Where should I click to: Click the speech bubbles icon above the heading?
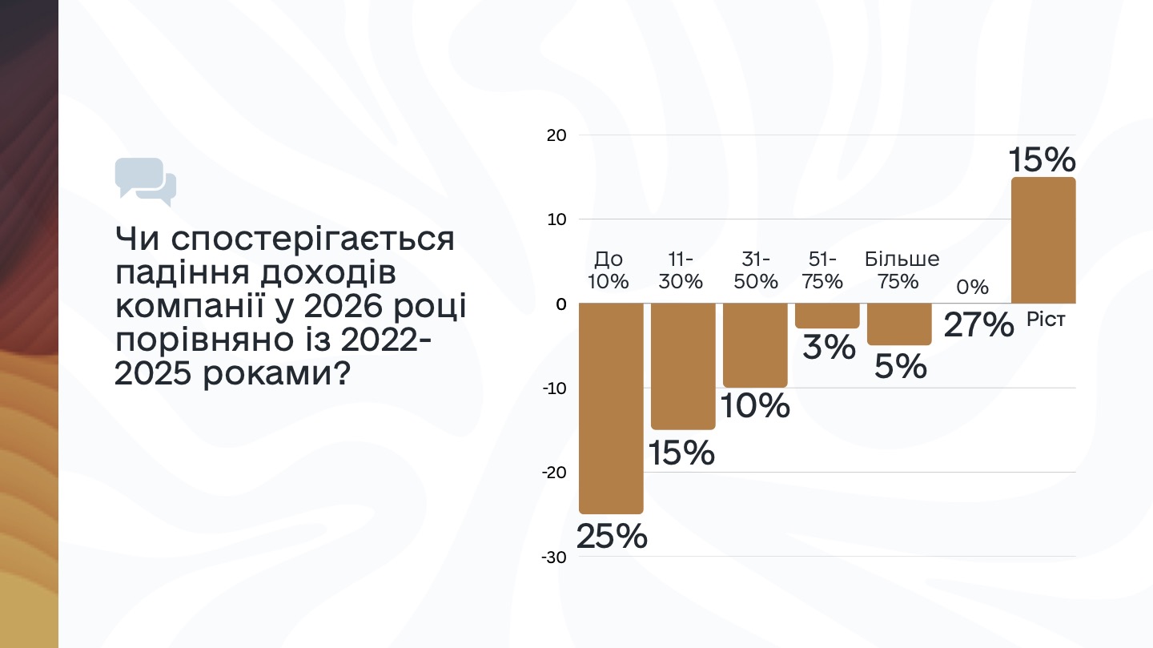pyautogui.click(x=146, y=181)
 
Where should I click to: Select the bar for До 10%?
pyautogui.click(x=611, y=408)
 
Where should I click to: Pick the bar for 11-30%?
pyautogui.click(x=683, y=366)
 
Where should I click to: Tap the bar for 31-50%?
pyautogui.click(x=755, y=345)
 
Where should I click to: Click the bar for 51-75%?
pyautogui.click(x=827, y=316)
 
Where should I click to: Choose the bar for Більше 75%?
pyautogui.click(x=899, y=324)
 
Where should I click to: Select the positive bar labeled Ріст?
pyautogui.click(x=1043, y=240)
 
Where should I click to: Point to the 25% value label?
pyautogui.click(x=612, y=536)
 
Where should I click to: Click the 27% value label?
pyautogui.click(x=978, y=324)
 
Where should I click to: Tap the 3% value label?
pyautogui.click(x=829, y=347)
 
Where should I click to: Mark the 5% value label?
pyautogui.click(x=900, y=367)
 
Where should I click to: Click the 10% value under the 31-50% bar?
pyautogui.click(x=754, y=405)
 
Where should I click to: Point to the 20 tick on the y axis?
pyautogui.click(x=556, y=135)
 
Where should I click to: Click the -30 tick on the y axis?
pyautogui.click(x=554, y=557)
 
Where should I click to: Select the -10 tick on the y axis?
pyautogui.click(x=554, y=388)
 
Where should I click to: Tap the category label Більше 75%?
pyautogui.click(x=902, y=270)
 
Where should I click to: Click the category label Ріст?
pyautogui.click(x=1046, y=320)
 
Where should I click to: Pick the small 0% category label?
pyautogui.click(x=972, y=287)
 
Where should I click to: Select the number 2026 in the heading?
pyautogui.click(x=343, y=306)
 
